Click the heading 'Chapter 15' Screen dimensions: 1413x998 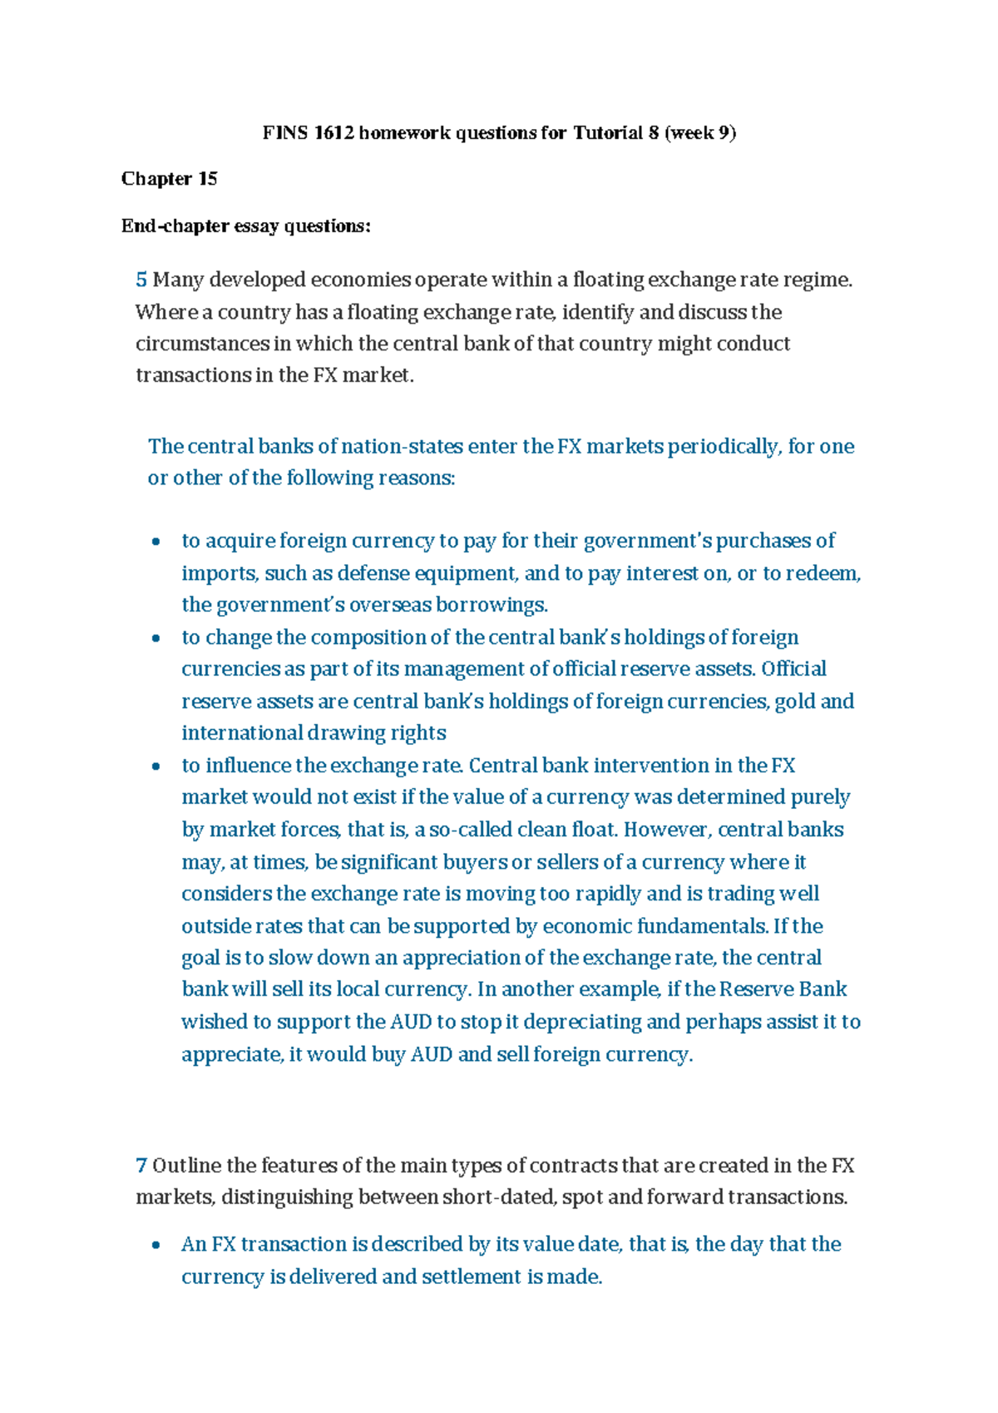(x=169, y=179)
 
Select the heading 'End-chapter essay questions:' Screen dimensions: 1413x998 (x=245, y=226)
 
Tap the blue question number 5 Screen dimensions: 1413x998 (x=141, y=280)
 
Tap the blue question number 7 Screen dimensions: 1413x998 (x=141, y=1165)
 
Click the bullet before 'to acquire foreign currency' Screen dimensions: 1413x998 (x=156, y=543)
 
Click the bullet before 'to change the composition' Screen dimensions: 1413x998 (x=156, y=639)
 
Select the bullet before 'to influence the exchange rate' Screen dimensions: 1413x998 (x=156, y=766)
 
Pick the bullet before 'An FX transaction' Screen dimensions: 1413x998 (x=156, y=1246)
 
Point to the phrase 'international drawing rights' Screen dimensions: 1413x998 (x=314, y=733)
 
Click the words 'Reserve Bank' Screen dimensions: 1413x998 (x=783, y=989)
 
